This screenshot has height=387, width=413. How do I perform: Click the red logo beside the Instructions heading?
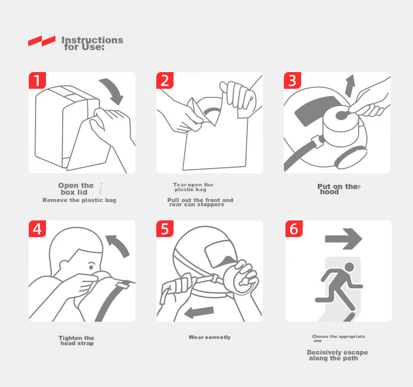tap(42, 41)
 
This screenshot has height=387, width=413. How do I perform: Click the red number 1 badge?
tap(37, 80)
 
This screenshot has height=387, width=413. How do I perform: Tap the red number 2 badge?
tap(165, 80)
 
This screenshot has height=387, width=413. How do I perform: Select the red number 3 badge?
tap(292, 80)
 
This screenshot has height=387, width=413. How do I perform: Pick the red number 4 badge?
tap(37, 229)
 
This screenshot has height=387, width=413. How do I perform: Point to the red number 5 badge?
tap(165, 229)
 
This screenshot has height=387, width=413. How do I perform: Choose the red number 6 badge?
tap(294, 229)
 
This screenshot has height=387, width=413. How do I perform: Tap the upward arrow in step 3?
tap(350, 86)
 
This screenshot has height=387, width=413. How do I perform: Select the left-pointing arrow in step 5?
tap(199, 312)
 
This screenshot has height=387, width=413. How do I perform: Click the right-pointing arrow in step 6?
tap(343, 239)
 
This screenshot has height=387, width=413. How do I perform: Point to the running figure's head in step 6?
tap(350, 267)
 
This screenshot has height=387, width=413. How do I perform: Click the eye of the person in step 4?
tap(91, 267)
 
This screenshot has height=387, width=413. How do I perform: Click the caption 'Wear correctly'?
tap(210, 337)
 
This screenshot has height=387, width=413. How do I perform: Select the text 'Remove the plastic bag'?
tap(79, 200)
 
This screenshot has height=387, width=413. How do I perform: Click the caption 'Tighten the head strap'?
tap(76, 341)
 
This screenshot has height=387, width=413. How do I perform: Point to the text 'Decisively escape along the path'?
tap(337, 355)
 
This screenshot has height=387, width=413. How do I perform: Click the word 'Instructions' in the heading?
tap(92, 40)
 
